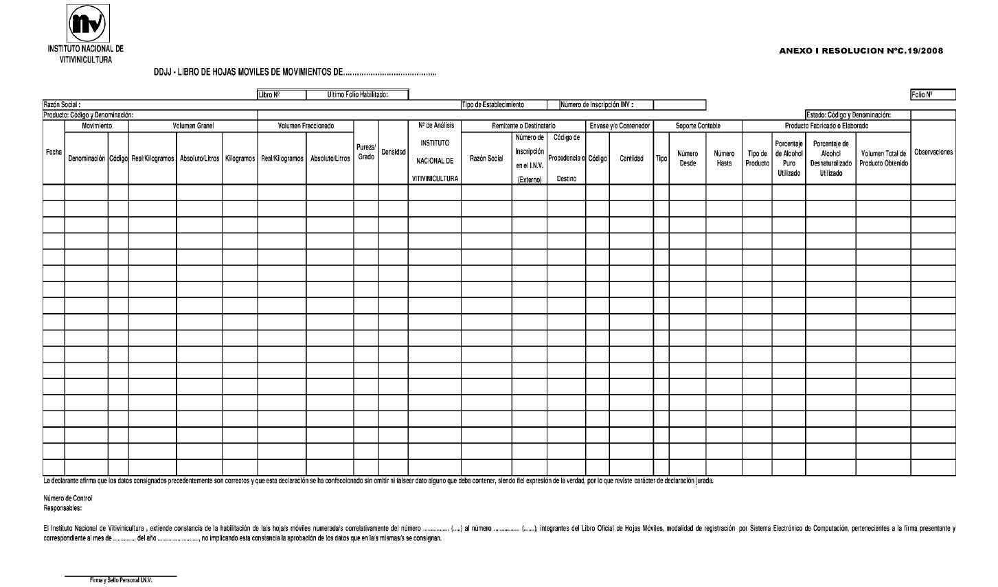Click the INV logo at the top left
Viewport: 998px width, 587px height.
point(86,25)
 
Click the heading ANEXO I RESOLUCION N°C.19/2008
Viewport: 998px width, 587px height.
point(861,51)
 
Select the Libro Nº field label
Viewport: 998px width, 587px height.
point(269,95)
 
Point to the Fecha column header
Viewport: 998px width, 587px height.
point(54,152)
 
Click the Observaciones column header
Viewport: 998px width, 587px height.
point(933,152)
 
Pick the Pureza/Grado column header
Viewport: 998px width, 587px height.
point(365,152)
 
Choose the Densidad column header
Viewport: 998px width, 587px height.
point(393,152)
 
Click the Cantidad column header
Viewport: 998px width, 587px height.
point(631,159)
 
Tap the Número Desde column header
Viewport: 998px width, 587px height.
point(688,159)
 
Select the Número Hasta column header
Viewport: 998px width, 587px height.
point(724,159)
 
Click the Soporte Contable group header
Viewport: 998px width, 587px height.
point(698,126)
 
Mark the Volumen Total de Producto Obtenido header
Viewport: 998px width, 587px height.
point(883,159)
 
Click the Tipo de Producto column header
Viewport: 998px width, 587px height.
point(757,159)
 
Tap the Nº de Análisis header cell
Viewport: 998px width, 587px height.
point(435,126)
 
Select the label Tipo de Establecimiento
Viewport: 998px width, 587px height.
point(493,105)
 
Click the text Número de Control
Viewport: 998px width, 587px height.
point(67,498)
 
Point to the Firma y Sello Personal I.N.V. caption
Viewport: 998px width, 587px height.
point(121,580)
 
